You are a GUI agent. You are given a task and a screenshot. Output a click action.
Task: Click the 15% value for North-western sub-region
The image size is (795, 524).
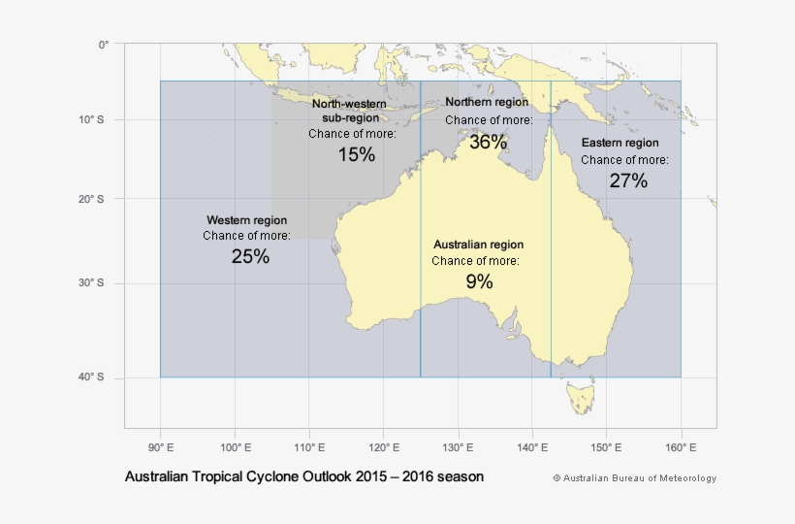[x=357, y=155]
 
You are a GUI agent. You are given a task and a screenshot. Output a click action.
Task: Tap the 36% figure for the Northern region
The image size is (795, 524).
[x=488, y=142]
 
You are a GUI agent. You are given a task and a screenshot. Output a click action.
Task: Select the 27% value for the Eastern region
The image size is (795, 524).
[x=628, y=180]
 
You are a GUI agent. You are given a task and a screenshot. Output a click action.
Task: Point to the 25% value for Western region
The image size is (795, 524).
[x=250, y=257]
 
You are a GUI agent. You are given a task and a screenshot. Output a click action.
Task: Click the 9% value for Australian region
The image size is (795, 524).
[x=479, y=282]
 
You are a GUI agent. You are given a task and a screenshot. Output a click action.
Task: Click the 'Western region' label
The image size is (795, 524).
[x=247, y=220]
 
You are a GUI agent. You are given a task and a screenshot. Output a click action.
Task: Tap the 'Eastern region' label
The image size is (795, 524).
[x=620, y=143]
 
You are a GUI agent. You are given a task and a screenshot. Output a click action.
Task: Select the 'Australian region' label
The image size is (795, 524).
[x=478, y=245]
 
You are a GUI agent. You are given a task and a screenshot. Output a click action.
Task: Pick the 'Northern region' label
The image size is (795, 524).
[x=487, y=102]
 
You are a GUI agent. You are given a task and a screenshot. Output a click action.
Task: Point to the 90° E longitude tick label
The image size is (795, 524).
[x=160, y=447]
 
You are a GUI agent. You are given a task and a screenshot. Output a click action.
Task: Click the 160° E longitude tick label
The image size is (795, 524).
[x=681, y=447]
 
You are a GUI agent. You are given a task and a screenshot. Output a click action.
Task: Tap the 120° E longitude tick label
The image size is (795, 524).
[x=383, y=447]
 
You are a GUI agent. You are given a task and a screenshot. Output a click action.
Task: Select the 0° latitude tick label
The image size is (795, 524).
[x=104, y=44]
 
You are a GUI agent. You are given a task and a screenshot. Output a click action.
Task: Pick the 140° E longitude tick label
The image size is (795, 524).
[x=532, y=447]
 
